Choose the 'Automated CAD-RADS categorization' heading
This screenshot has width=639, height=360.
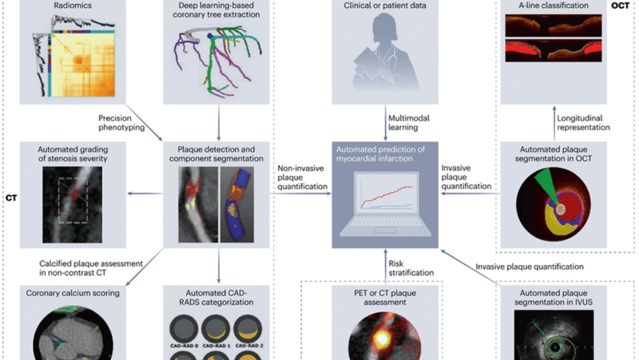(214, 299)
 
